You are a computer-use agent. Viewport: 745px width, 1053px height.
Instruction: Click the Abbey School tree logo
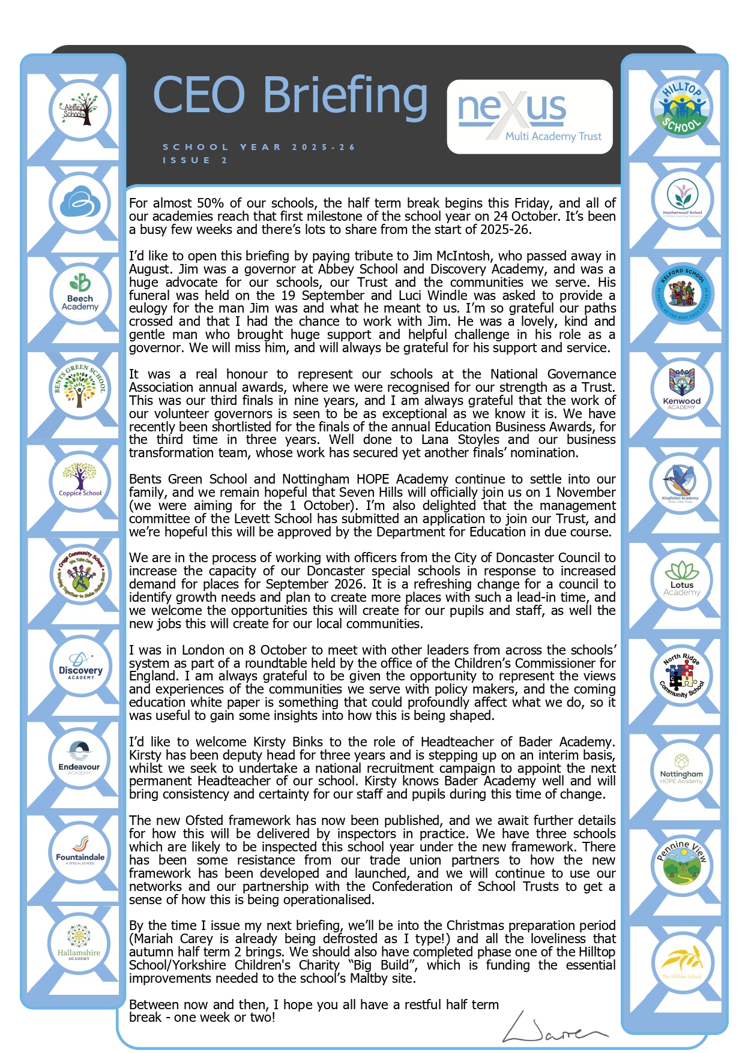(80, 110)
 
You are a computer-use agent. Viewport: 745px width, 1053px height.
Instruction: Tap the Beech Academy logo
(80, 295)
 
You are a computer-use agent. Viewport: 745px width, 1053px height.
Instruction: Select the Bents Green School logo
(80, 387)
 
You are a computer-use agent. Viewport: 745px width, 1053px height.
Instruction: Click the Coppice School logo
(80, 480)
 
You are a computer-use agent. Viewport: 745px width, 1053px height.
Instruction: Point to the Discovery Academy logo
(80, 665)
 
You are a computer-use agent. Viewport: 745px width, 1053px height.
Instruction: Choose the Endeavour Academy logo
(79, 758)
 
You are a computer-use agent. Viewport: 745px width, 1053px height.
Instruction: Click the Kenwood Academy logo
(681, 389)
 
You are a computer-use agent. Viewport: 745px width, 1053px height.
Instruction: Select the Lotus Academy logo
(681, 578)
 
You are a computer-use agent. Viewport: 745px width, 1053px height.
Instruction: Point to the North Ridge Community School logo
(681, 676)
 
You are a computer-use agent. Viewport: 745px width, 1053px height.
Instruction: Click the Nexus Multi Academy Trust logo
(529, 116)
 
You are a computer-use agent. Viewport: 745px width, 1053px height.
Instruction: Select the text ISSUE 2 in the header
(195, 160)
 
